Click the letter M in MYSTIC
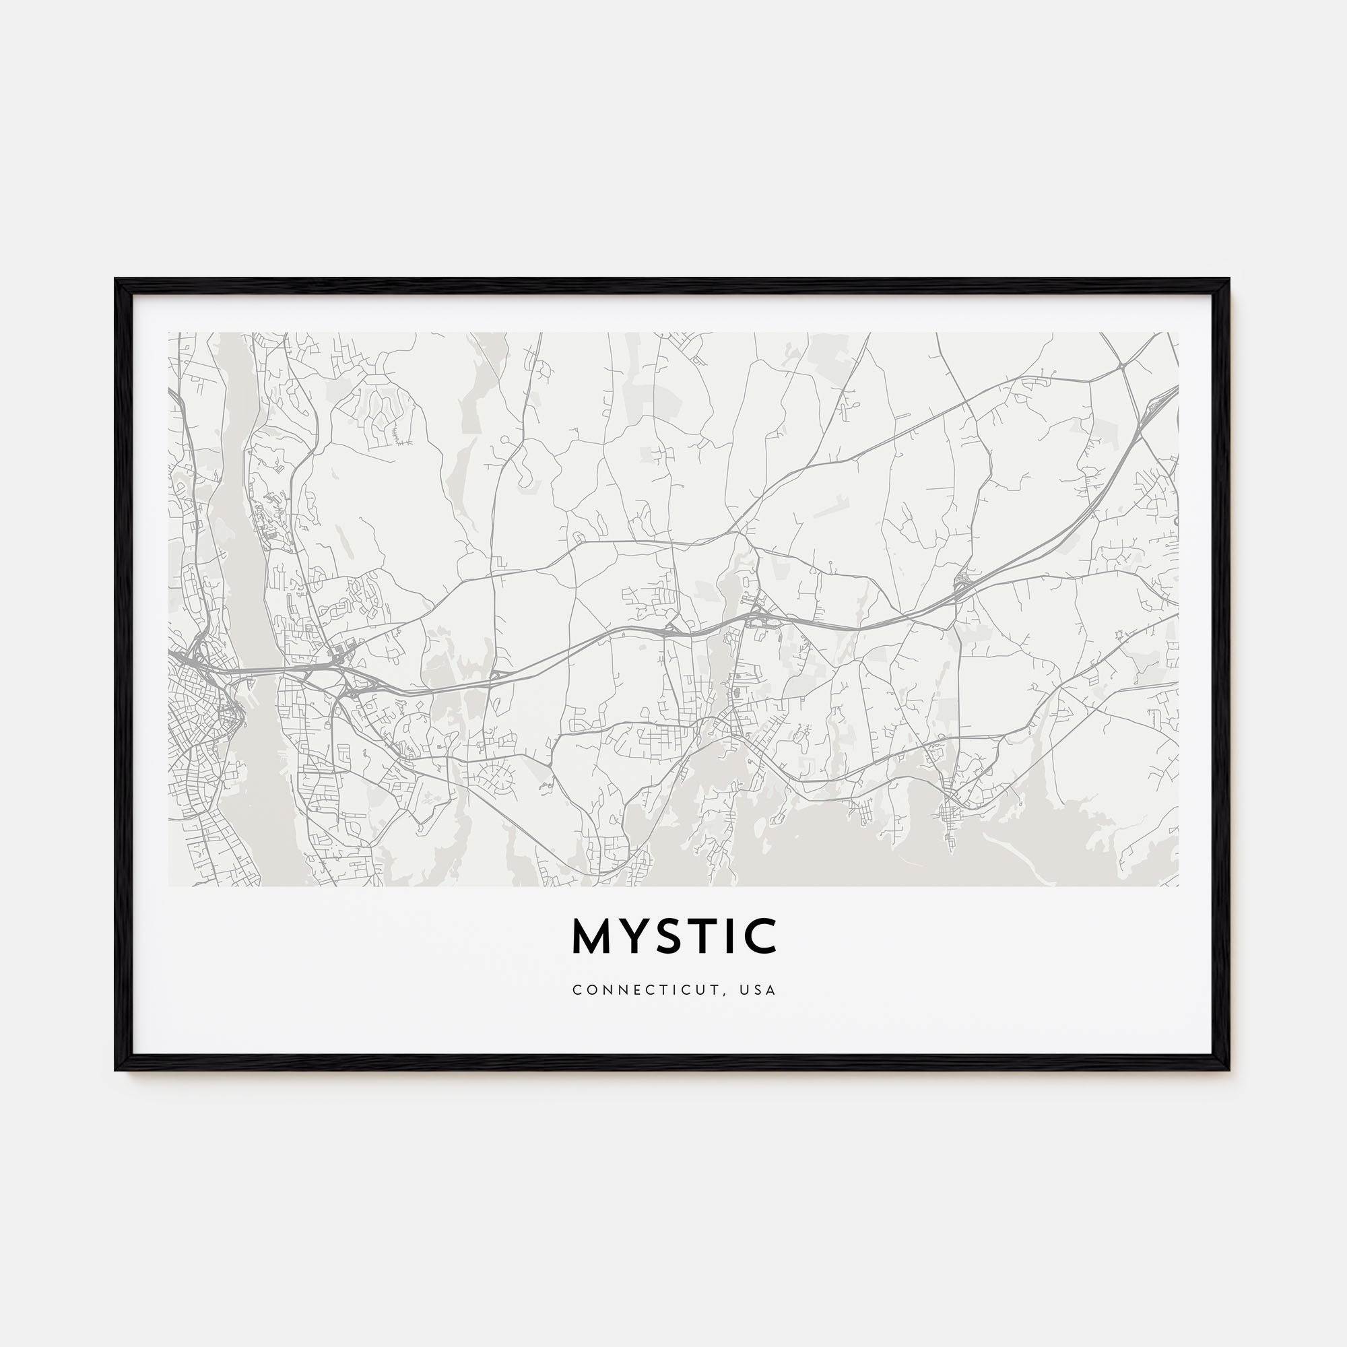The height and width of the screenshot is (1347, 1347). [x=591, y=936]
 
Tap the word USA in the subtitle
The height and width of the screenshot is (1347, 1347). [x=760, y=990]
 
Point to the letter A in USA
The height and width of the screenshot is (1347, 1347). [x=771, y=990]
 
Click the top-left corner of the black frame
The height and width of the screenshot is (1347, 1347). [x=117, y=280]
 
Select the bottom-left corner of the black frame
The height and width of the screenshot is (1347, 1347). [x=117, y=1069]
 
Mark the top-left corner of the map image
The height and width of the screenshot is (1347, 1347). [x=169, y=333]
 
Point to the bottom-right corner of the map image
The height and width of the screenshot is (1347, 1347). [x=1178, y=886]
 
